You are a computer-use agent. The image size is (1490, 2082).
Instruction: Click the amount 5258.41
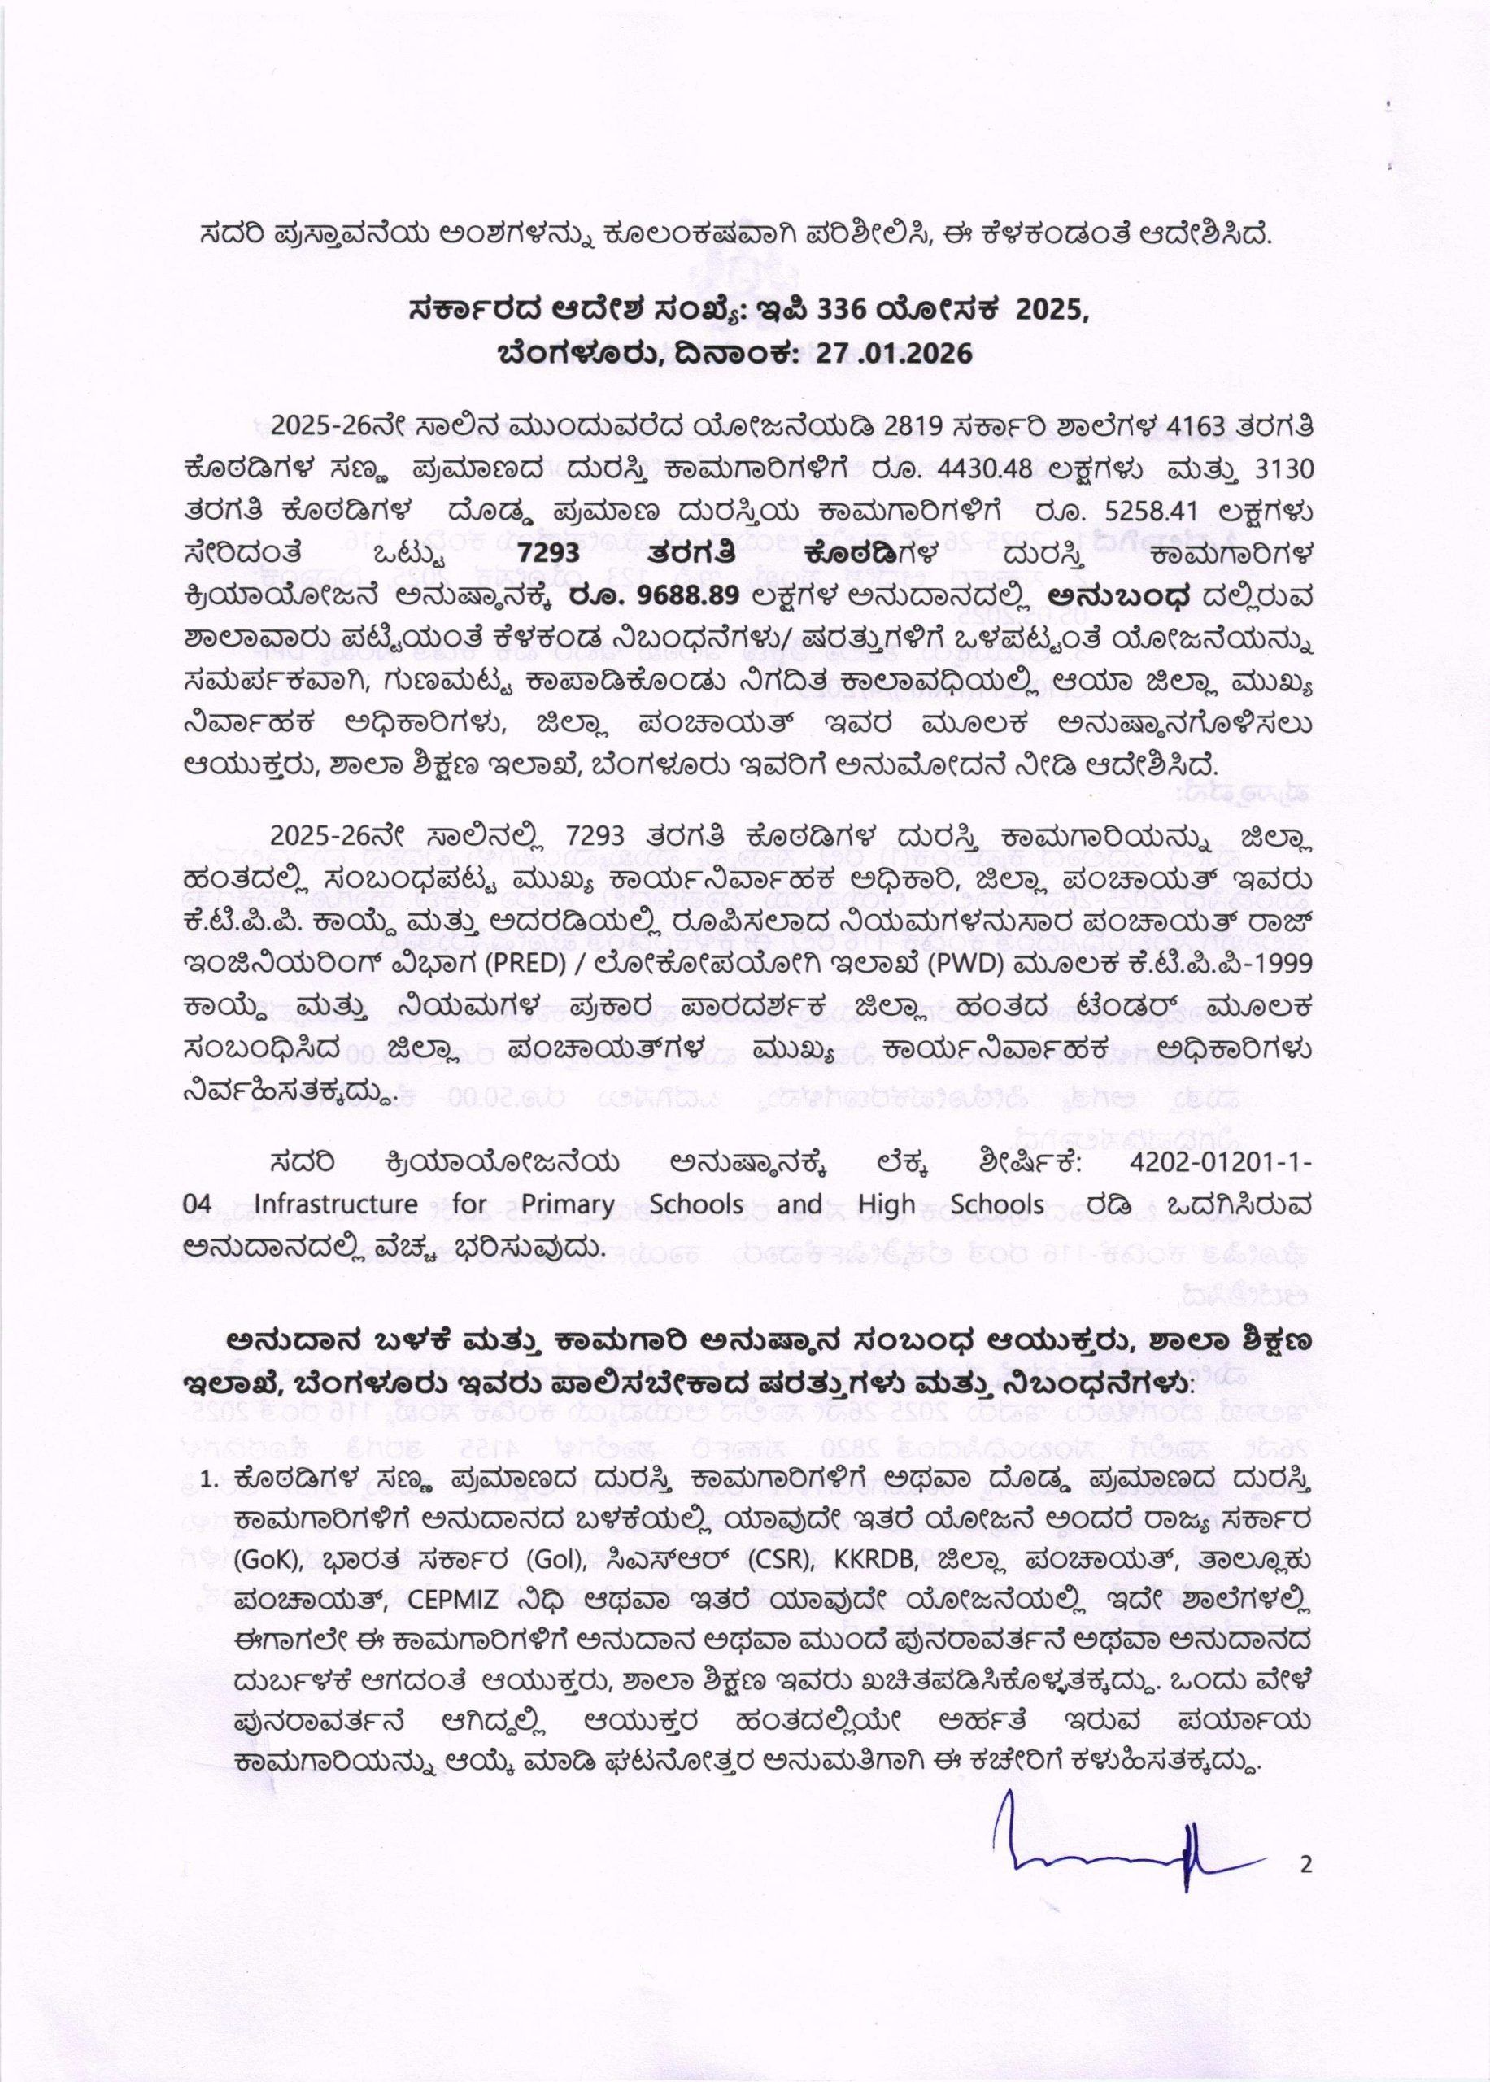(1117, 507)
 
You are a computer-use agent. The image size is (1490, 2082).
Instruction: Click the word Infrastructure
(318, 1204)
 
